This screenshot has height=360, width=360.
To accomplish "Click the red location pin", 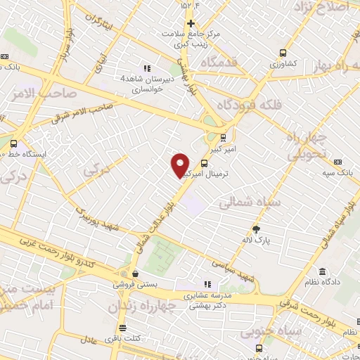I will (x=181, y=165).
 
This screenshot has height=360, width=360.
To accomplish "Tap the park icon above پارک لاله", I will (x=256, y=229).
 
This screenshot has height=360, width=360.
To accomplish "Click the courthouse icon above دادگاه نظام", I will (x=322, y=272).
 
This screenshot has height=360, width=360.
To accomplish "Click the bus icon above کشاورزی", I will (x=283, y=52).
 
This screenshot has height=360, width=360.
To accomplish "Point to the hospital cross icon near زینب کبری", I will (x=191, y=23).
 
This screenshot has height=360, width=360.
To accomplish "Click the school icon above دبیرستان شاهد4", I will (x=147, y=68).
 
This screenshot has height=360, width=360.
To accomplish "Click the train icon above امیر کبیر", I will (x=223, y=138).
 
